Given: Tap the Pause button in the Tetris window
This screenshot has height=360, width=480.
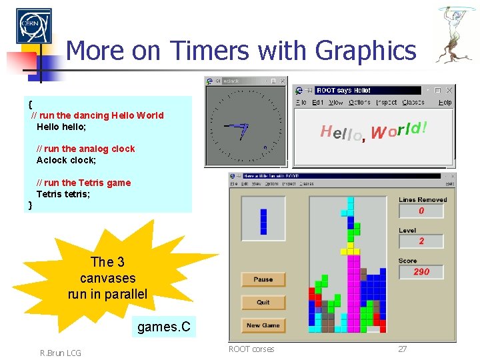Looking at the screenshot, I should [263, 279].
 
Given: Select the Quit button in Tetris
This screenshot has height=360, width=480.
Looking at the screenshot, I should [263, 302].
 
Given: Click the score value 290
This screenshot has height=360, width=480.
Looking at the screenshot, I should [421, 272].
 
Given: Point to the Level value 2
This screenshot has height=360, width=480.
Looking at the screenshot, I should [421, 241].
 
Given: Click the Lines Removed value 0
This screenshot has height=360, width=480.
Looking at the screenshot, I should [421, 211].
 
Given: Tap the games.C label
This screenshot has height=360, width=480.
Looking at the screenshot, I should [163, 327].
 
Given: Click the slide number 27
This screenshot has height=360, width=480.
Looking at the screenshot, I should [402, 349].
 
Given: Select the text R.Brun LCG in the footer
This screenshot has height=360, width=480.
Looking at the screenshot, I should [61, 353].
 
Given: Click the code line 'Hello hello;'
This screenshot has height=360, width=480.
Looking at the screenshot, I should [71, 126].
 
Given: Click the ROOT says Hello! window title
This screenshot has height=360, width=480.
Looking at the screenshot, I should [344, 90].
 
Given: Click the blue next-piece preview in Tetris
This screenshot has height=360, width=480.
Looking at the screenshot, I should [263, 221].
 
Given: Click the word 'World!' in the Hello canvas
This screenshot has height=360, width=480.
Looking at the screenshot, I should [399, 130].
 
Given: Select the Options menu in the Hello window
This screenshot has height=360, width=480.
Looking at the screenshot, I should [359, 103].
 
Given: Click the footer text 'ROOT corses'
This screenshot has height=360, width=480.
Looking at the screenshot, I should [251, 349].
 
